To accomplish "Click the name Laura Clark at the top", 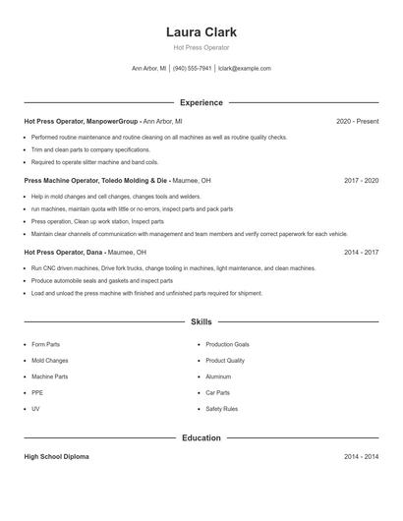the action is pos(201,31).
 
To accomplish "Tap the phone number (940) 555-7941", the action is pos(193,69).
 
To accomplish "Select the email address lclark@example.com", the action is pos(244,69).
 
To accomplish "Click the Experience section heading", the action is pos(201,102).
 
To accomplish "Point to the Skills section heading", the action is pos(201,321).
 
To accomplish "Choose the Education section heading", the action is pos(201,437).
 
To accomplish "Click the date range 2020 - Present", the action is pos(357,121).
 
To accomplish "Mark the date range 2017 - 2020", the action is pos(361,181).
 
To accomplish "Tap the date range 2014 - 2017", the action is pos(361,252).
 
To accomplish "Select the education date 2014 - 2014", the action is pos(361,457).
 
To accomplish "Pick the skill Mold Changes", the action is pos(50,361).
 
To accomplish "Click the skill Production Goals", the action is pos(227,345).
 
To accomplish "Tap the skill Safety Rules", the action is pos(221,409).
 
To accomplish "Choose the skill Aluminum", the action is pos(218,376).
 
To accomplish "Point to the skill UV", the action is pos(35,409).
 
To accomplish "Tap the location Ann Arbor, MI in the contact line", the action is pos(148,69).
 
